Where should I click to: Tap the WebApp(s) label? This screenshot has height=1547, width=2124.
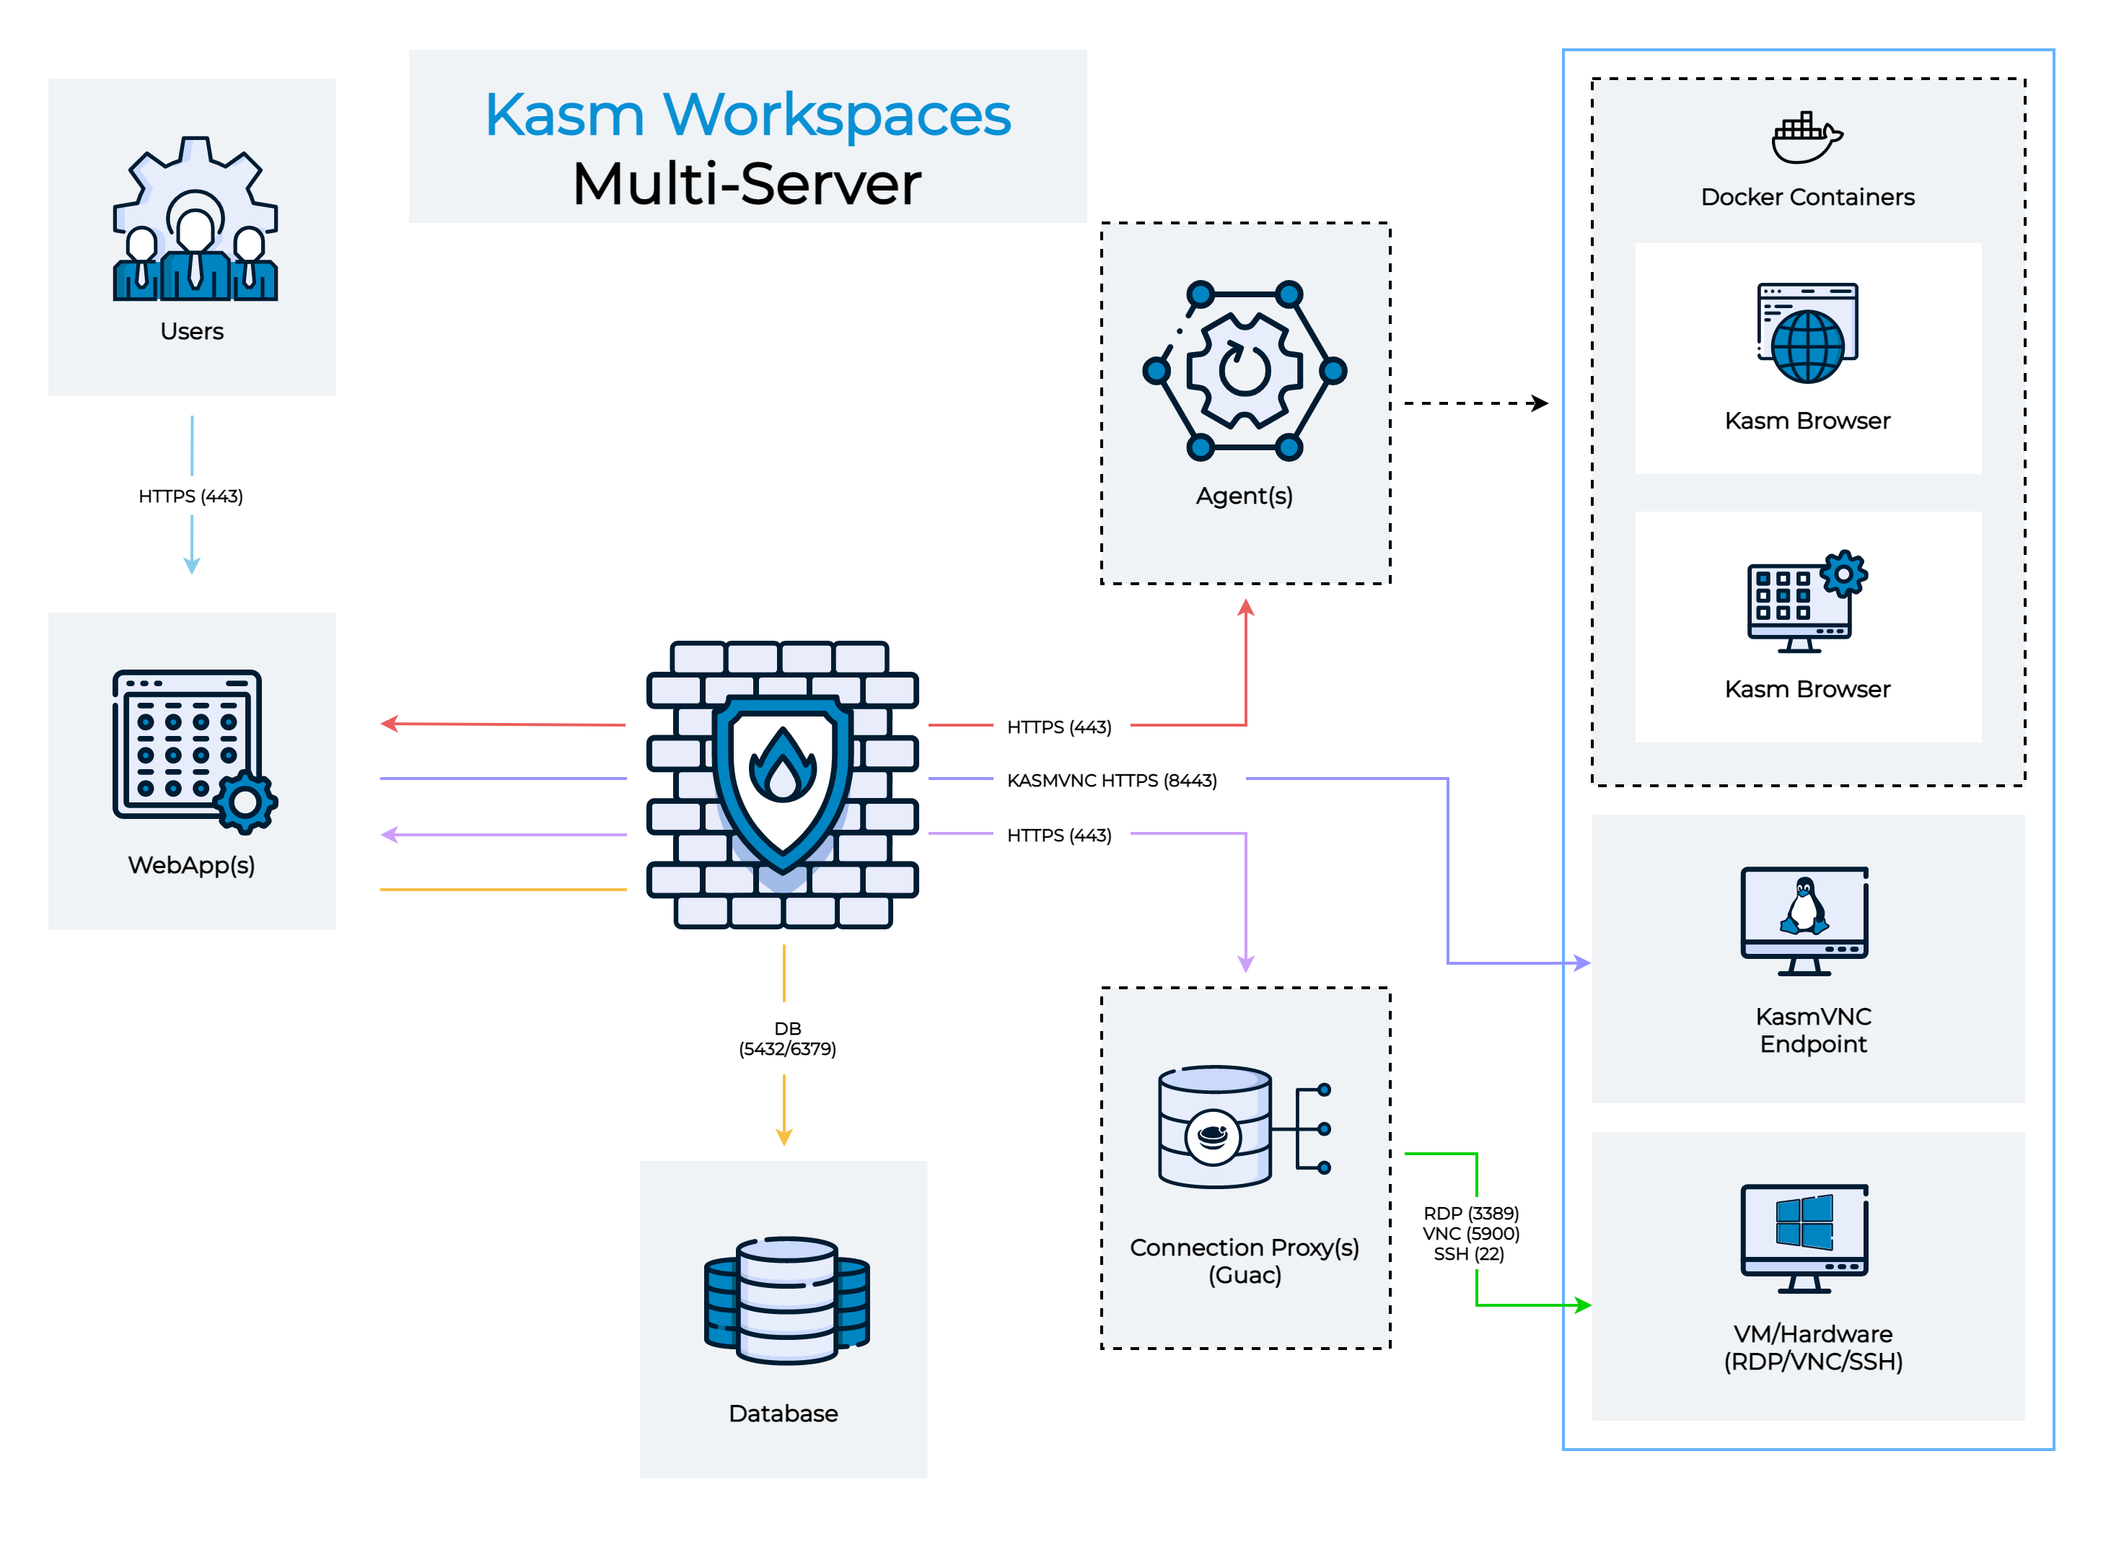click(191, 865)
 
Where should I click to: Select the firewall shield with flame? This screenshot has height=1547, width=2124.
click(783, 783)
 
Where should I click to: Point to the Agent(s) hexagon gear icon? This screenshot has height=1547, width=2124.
click(1245, 371)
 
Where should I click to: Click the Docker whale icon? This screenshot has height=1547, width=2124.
click(1807, 138)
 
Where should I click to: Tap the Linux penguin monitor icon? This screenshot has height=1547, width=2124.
click(1804, 921)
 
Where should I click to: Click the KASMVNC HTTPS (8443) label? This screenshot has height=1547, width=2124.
click(1112, 780)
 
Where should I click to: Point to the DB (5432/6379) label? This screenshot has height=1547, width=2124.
click(786, 1038)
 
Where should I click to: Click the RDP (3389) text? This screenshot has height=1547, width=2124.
click(1470, 1214)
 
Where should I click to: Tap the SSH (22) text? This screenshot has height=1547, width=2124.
click(1468, 1254)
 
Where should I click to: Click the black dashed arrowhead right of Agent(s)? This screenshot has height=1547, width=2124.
click(1539, 403)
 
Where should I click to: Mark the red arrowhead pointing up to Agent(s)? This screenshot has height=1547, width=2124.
click(1245, 608)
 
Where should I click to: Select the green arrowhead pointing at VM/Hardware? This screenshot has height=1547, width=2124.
click(1583, 1305)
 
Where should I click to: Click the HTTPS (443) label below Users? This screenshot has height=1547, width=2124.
click(191, 496)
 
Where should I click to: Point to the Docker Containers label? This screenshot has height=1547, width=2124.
click(1807, 198)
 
